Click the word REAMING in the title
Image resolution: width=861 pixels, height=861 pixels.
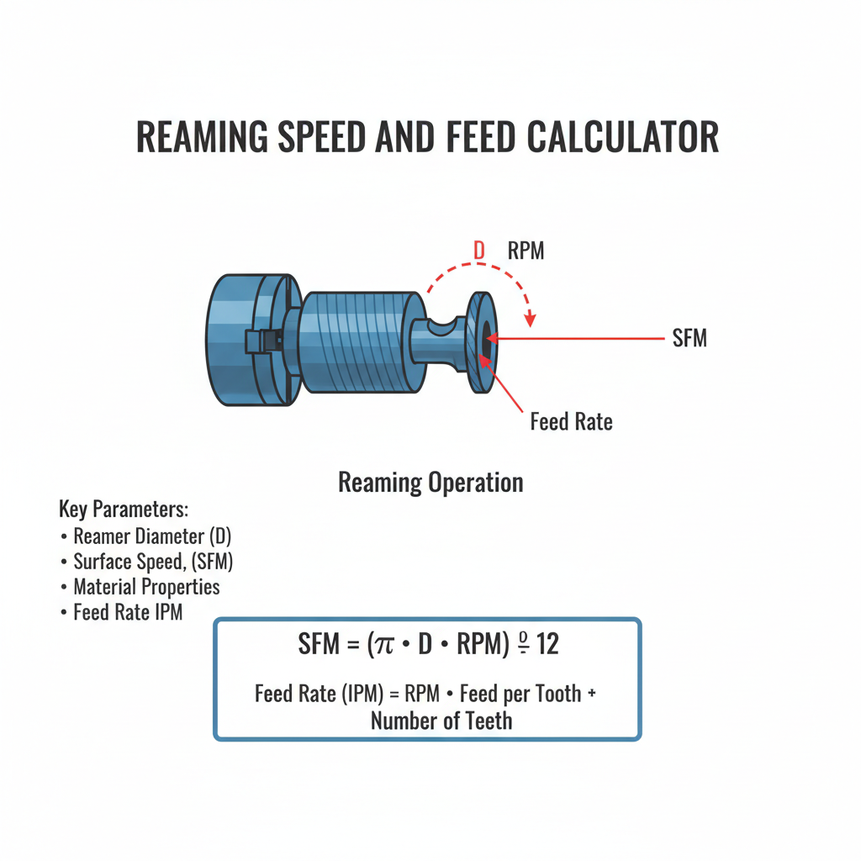tap(202, 137)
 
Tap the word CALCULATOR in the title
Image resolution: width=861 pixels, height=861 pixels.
tap(623, 137)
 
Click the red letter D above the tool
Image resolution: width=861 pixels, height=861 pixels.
tap(479, 251)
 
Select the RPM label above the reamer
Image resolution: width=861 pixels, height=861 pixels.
tap(526, 251)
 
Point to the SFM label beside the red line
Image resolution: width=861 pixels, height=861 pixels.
tap(689, 338)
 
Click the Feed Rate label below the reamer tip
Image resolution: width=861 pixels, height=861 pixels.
tap(571, 422)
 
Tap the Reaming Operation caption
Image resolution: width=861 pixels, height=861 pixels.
tap(430, 483)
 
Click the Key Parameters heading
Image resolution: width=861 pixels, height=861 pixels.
tap(124, 509)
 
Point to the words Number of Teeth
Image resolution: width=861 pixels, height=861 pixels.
tap(441, 721)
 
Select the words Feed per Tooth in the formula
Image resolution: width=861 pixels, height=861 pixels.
tap(520, 694)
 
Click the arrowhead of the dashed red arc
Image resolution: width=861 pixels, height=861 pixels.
tap(530, 320)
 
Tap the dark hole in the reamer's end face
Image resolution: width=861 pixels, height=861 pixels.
tap(486, 338)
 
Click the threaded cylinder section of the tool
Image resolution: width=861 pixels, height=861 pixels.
tap(360, 342)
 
